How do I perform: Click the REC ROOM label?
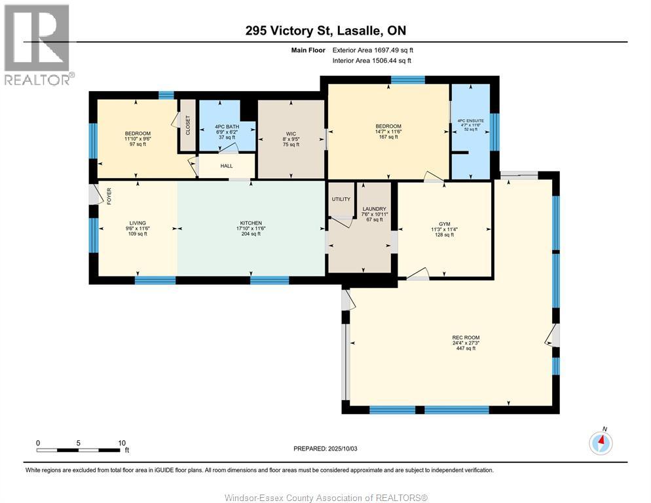(x=466, y=338)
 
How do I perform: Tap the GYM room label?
(x=444, y=224)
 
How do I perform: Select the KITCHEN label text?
(x=251, y=223)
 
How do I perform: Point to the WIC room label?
(x=291, y=134)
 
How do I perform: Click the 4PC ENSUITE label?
(x=471, y=121)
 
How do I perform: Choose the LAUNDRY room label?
(x=375, y=209)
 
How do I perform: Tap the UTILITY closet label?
(x=341, y=199)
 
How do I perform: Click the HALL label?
(x=227, y=166)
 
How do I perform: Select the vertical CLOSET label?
(x=188, y=125)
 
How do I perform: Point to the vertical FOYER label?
(x=109, y=196)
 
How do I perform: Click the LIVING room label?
(x=138, y=223)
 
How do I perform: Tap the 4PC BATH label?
(x=227, y=126)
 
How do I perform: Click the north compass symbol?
(x=601, y=443)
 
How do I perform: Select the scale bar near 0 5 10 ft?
(x=78, y=450)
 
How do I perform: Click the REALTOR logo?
(x=38, y=45)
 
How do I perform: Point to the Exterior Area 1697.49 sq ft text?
(x=373, y=50)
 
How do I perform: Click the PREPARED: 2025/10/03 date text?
(x=325, y=449)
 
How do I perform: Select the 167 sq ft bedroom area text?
(x=388, y=137)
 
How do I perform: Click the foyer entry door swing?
(x=97, y=195)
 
